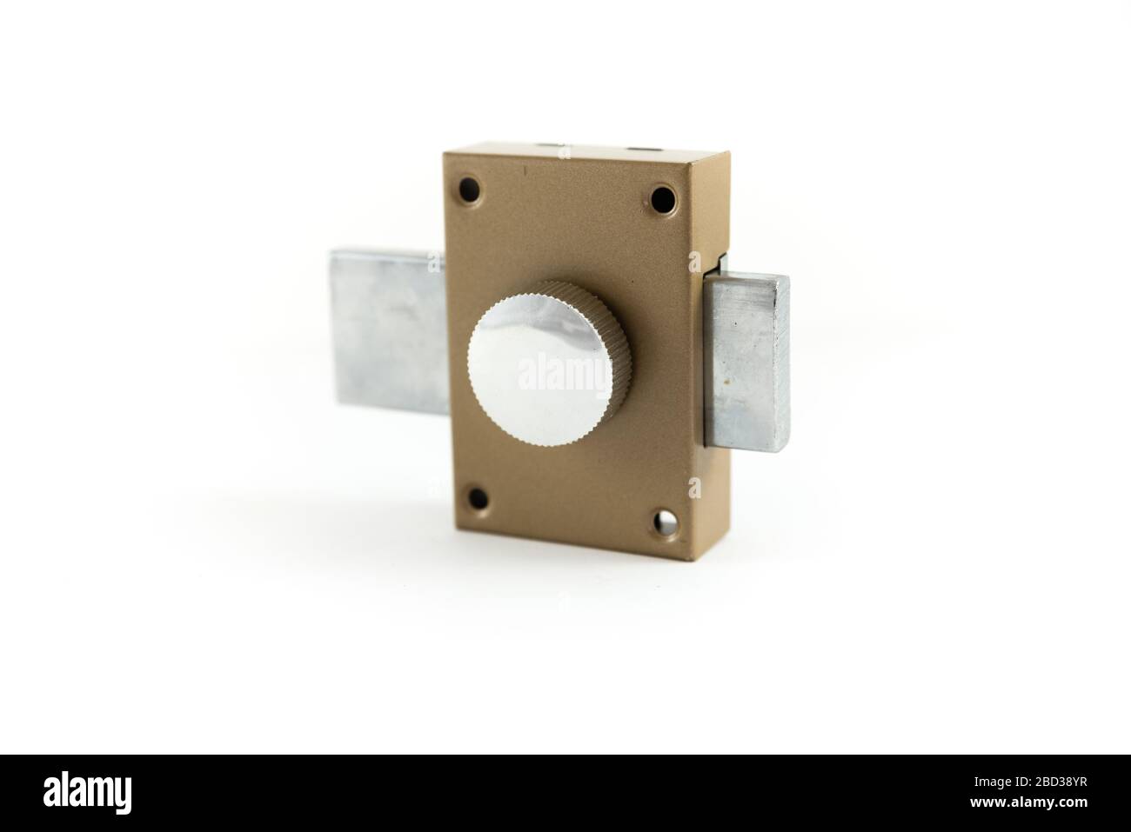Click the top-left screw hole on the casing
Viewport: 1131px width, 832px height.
pos(471,185)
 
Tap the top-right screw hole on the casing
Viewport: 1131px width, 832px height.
pos(664,196)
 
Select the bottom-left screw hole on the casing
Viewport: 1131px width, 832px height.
pos(477,499)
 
